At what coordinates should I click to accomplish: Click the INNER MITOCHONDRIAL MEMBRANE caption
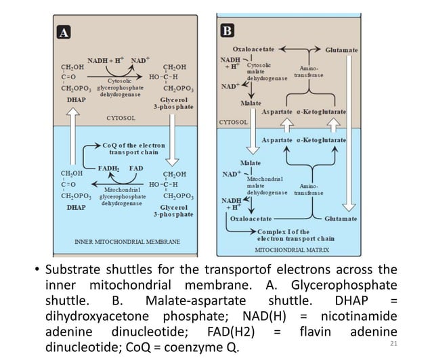point(127,241)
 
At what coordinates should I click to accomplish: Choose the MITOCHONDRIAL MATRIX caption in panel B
point(291,249)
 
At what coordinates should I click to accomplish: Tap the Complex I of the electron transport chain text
point(296,235)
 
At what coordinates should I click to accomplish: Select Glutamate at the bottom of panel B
point(341,219)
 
